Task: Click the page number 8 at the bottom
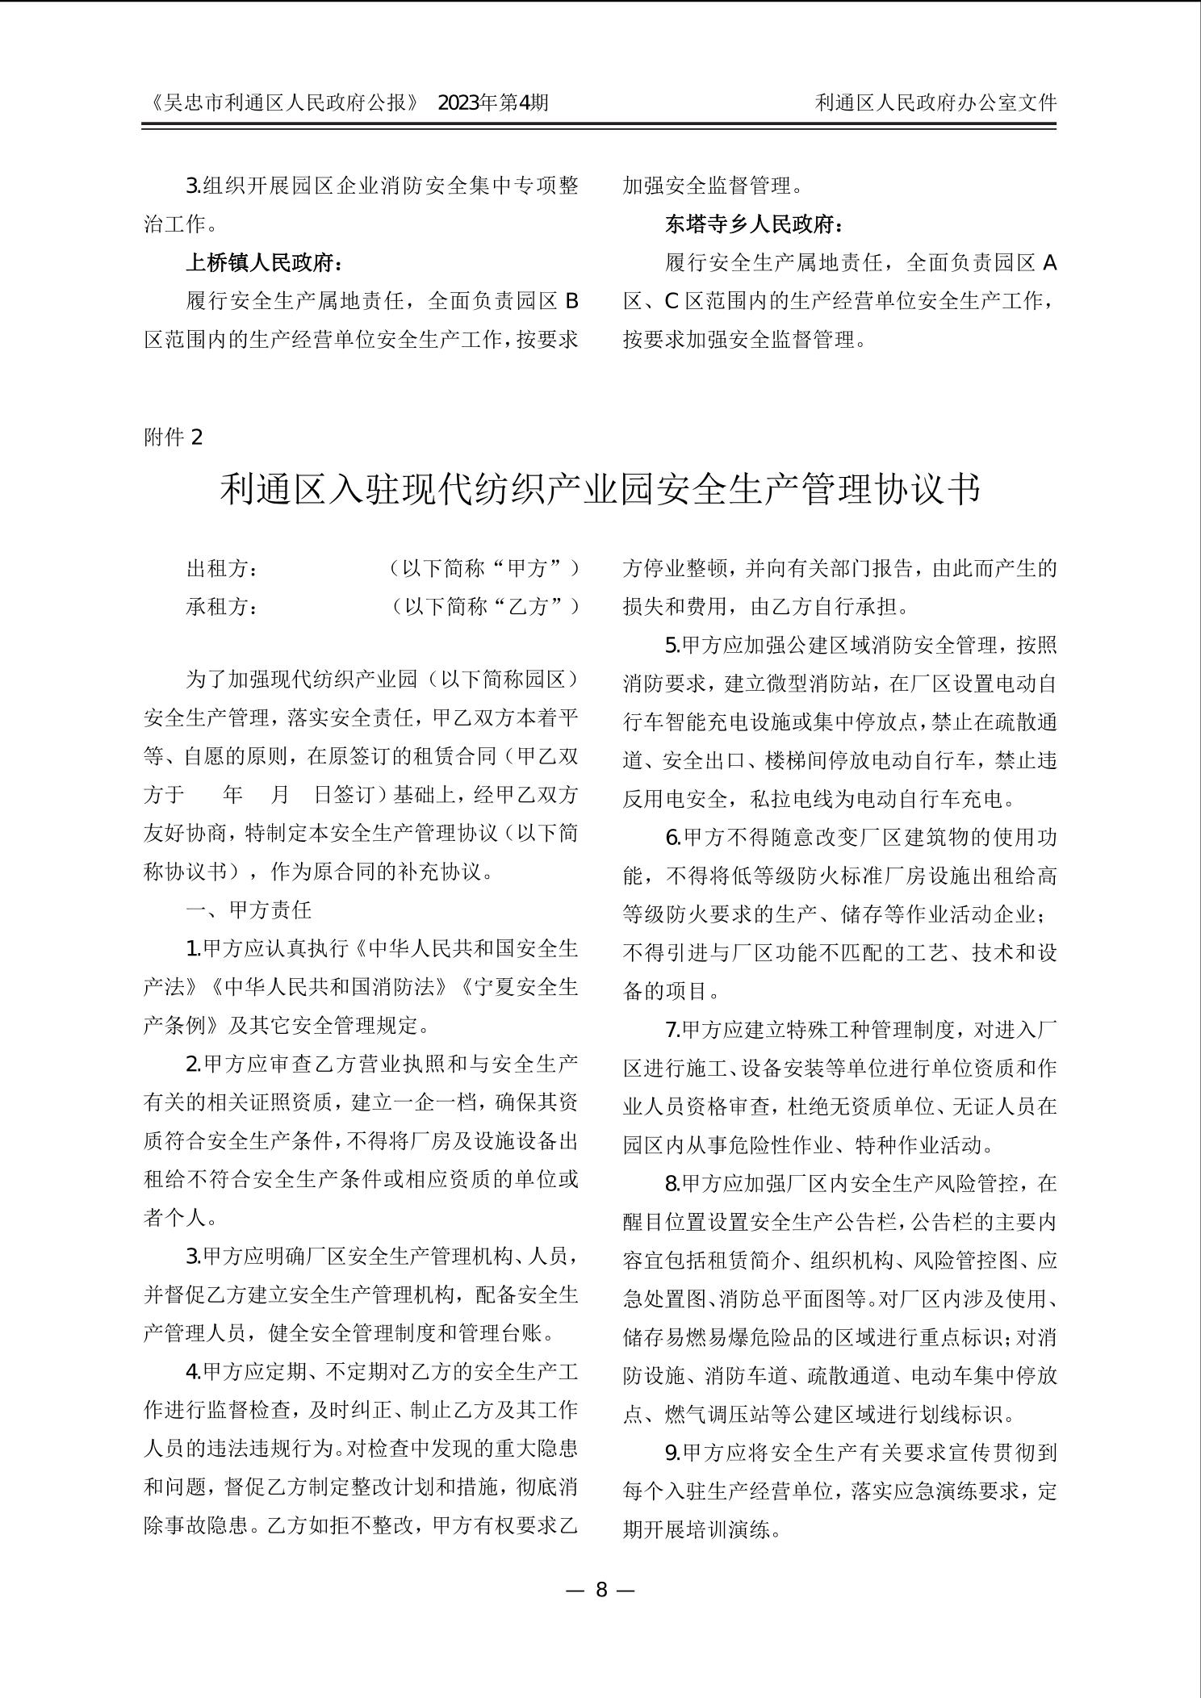click(600, 1590)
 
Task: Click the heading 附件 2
click(174, 437)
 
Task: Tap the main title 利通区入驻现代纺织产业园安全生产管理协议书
click(600, 490)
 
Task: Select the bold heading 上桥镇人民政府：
click(265, 263)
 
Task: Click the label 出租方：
click(223, 568)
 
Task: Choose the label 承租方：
click(223, 607)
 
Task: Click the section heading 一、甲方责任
click(249, 910)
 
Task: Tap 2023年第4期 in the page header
click(493, 102)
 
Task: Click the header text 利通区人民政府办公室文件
click(935, 102)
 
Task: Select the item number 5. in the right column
click(673, 646)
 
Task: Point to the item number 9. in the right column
click(673, 1453)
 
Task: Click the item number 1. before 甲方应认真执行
click(194, 949)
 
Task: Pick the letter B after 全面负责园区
click(571, 302)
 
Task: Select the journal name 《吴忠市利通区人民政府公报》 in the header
click(284, 102)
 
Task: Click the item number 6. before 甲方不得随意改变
click(673, 838)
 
